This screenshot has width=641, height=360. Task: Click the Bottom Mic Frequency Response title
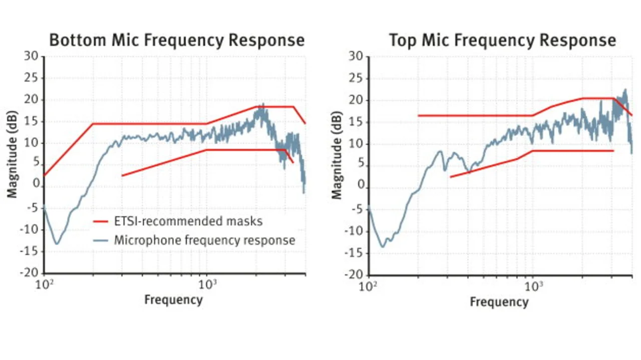coord(176,40)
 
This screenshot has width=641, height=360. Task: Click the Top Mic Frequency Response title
coord(502,40)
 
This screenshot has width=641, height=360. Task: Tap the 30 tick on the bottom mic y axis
coord(31,57)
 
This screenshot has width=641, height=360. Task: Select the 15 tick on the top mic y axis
coord(357,122)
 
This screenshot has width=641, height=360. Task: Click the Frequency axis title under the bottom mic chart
coord(173,300)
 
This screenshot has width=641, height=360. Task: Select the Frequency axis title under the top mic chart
coord(499,302)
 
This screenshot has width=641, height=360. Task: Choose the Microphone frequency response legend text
coord(204,240)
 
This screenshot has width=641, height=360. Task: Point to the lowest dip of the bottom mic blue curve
coord(57,244)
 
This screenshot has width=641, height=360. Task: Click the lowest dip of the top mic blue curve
coord(383,246)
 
